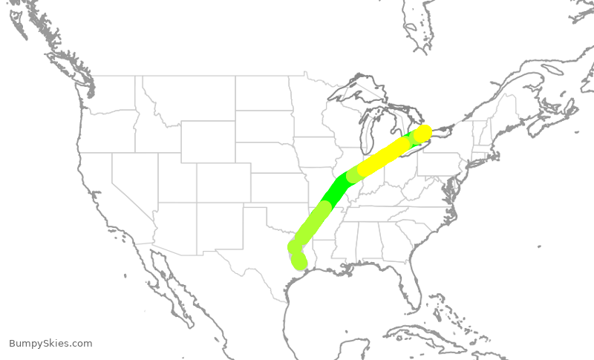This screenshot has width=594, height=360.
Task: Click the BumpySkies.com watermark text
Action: (50, 344)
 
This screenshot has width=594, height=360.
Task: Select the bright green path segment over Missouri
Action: (335, 192)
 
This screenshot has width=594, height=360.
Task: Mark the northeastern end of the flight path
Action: (424, 132)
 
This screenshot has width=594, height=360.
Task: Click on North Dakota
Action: (263, 93)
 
